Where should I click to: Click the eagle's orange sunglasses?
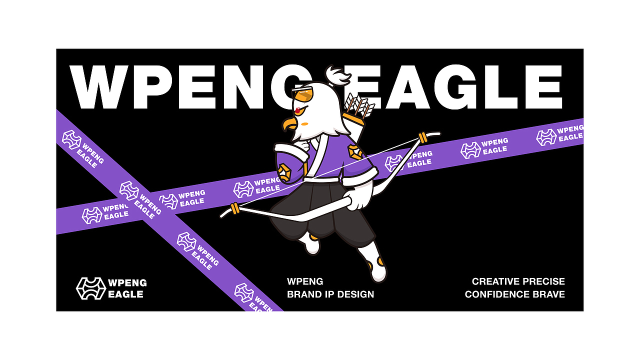point(302,94)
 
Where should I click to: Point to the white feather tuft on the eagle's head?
point(339,75)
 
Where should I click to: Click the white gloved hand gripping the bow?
point(358,199)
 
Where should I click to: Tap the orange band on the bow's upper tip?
point(423,137)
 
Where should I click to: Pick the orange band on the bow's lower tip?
point(235,208)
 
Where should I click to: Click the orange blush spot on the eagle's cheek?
point(305,124)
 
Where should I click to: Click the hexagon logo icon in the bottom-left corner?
point(91,288)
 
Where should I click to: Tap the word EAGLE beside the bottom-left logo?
point(125,294)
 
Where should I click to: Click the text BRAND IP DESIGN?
point(330,294)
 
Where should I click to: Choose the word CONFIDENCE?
point(497,294)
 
